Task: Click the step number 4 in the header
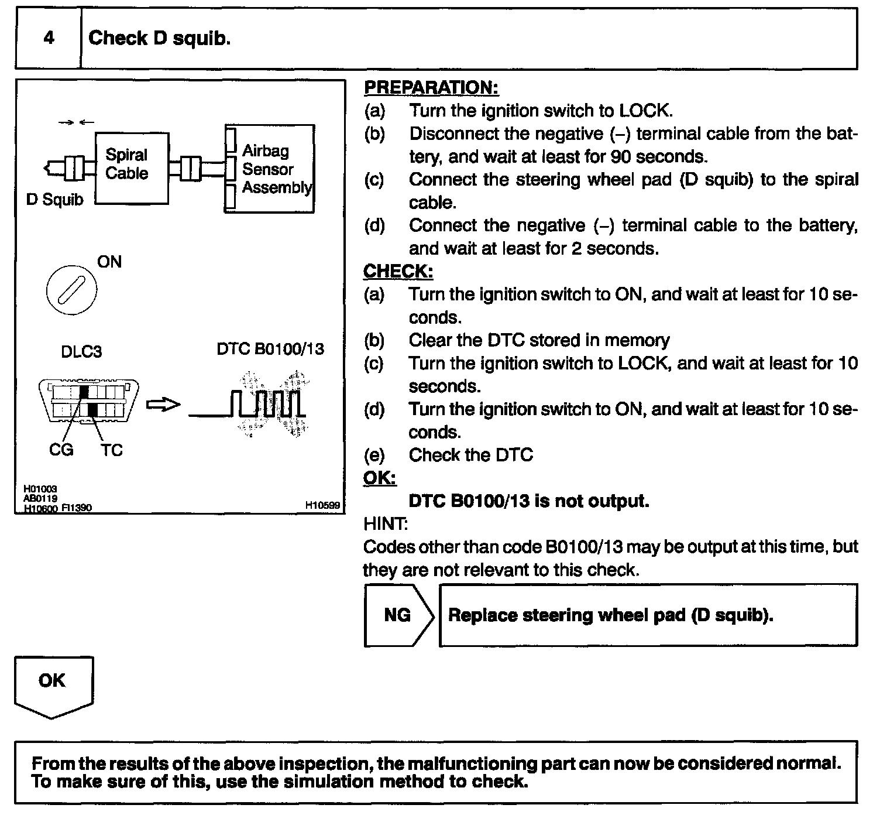[x=49, y=38]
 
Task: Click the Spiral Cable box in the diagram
[x=132, y=168]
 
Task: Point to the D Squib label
[x=54, y=200]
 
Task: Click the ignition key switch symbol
[x=71, y=289]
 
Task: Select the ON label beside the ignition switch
[x=109, y=262]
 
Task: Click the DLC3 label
[x=81, y=352]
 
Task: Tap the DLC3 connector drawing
[x=89, y=402]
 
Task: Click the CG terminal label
[x=61, y=450]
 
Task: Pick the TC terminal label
[x=111, y=450]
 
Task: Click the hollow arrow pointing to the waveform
[x=163, y=405]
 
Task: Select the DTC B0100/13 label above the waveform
[x=270, y=349]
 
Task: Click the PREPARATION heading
[x=431, y=88]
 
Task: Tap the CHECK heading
[x=398, y=272]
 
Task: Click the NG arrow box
[x=398, y=615]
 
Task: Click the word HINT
[x=385, y=523]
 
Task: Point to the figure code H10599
[x=322, y=505]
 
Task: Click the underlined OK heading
[x=380, y=478]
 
